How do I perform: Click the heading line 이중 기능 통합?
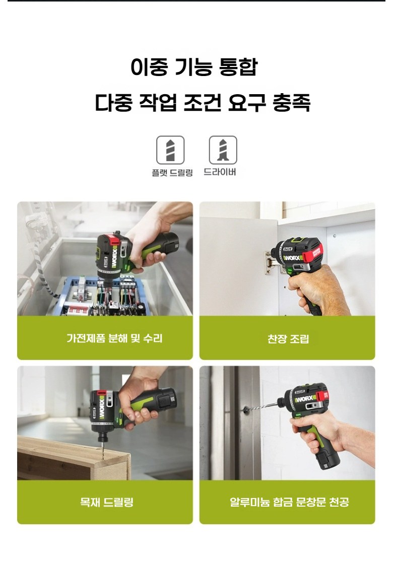click(193, 67)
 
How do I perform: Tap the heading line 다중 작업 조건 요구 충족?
click(203, 103)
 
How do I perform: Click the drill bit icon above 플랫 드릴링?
click(170, 150)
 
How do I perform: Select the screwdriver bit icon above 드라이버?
click(223, 150)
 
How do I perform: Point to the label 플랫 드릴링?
click(172, 173)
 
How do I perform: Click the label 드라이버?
click(220, 172)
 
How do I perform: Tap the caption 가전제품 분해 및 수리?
click(114, 338)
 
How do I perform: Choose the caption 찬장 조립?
click(288, 339)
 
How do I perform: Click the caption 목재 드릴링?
click(106, 502)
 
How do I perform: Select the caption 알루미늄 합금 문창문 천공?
click(289, 502)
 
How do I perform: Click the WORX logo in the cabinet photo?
click(292, 258)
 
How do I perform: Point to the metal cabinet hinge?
click(271, 263)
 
